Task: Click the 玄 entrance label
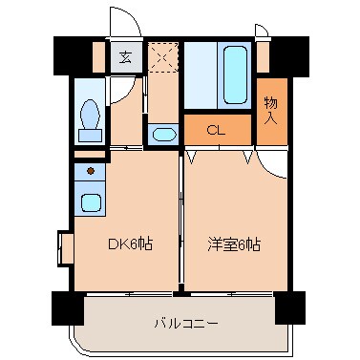coord(126,54)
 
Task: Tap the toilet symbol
coord(91,117)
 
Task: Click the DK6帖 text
coord(129,244)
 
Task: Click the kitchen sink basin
coord(92,203)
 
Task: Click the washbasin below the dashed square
coord(163,134)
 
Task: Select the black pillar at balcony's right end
coord(289,308)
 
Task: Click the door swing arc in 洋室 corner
coord(271,163)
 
